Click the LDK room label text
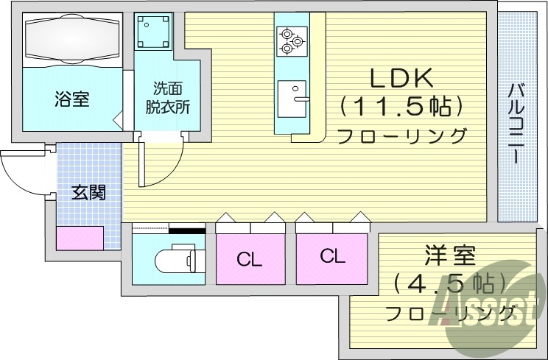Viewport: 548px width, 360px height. point(401,79)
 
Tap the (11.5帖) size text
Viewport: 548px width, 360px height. point(401,107)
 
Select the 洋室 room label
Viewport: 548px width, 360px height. point(449,257)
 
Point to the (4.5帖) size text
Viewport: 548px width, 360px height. point(449,283)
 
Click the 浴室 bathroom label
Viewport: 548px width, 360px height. point(71,99)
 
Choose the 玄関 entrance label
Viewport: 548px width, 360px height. point(88,193)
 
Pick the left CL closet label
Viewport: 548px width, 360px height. point(250,258)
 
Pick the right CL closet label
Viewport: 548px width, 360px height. point(332,256)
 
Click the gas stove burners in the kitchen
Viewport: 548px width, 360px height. point(290,40)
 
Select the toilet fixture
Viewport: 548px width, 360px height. point(175,260)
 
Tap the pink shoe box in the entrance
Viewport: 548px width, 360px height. point(80,239)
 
